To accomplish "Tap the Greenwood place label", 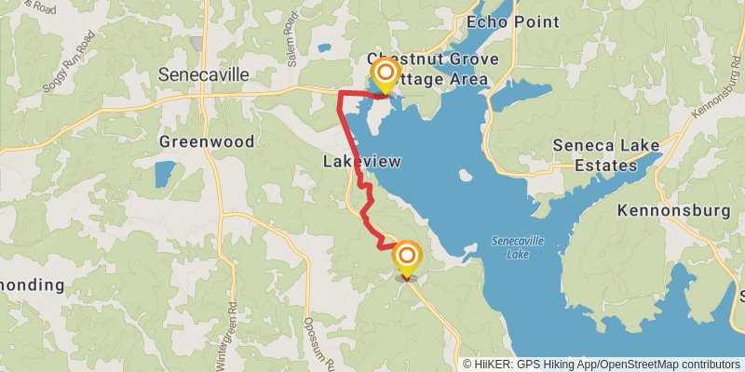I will click(206, 142).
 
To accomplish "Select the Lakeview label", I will click(361, 162).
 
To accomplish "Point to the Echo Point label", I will click(512, 21).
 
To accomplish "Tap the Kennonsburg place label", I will click(674, 211).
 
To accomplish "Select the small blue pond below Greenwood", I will click(164, 174).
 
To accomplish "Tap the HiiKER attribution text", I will click(494, 365).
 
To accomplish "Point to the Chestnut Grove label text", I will click(433, 60).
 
